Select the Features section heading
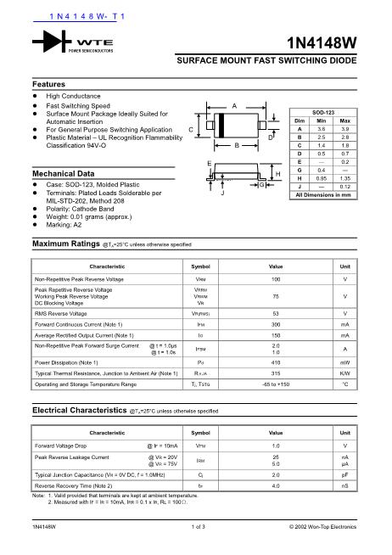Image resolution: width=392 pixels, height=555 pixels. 48,85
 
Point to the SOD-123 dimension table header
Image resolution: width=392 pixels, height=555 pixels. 321,113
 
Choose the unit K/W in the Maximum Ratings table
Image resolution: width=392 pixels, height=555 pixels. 344,373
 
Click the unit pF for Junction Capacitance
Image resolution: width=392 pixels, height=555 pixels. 344,475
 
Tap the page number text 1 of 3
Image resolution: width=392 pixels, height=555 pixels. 196,527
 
